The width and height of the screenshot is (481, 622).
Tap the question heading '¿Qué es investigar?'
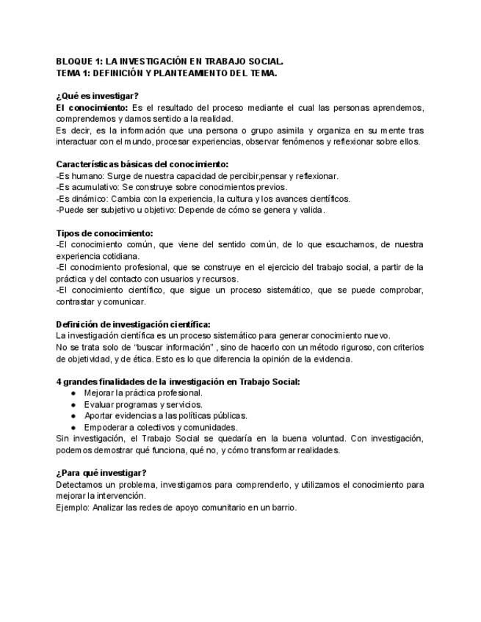[97, 96]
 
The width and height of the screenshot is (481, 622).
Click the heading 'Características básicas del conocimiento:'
[142, 164]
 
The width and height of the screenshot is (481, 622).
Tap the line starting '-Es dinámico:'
[203, 199]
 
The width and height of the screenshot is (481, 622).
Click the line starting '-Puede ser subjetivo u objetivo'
[190, 210]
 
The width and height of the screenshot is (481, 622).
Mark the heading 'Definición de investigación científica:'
[133, 324]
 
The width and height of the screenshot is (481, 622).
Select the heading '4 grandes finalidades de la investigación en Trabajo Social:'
[178, 381]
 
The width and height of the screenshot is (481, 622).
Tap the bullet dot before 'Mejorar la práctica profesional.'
[74, 393]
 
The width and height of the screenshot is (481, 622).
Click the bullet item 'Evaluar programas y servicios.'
[143, 404]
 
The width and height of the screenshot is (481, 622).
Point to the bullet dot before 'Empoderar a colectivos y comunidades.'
[74, 428]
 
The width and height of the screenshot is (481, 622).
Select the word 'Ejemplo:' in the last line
[73, 507]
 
